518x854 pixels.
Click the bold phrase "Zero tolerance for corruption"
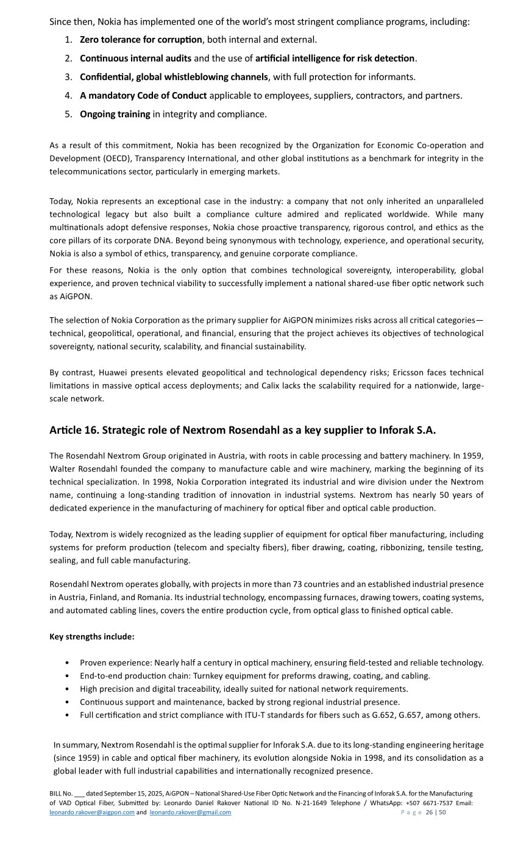coord(141,40)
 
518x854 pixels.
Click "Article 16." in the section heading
coord(74,430)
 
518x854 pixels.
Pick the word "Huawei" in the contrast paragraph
coord(113,373)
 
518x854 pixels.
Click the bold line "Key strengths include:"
coord(91,637)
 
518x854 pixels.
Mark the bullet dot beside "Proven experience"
coord(66,663)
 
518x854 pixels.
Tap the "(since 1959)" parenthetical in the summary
coord(77,758)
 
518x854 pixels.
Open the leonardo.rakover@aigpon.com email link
coord(91,813)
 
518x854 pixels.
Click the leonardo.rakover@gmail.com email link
coord(190,813)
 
